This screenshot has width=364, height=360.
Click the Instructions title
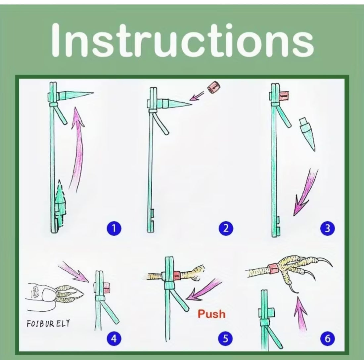tap(182, 40)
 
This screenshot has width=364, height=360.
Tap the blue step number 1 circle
tap(114, 228)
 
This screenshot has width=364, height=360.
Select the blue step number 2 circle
tap(226, 228)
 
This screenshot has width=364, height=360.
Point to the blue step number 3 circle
tap(327, 228)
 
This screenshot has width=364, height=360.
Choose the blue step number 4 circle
tap(114, 338)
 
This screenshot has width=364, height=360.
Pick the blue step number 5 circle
tap(225, 338)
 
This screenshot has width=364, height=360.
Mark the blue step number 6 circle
tap(327, 338)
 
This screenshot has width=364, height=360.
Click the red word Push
tap(211, 314)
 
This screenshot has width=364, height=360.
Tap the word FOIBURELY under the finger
tap(48, 323)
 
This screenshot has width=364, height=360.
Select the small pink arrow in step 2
tap(197, 96)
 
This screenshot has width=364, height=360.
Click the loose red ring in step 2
tap(214, 87)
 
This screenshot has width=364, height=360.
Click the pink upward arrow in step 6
tap(301, 313)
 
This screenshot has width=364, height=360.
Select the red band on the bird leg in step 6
tap(273, 269)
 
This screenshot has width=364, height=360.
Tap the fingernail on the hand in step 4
tap(48, 294)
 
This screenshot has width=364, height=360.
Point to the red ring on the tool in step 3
tap(283, 95)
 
